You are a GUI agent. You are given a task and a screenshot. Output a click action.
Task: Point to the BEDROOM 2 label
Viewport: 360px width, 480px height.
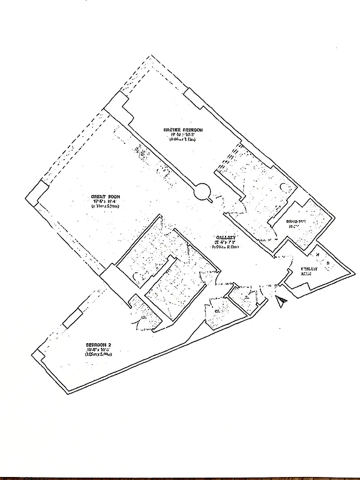pos(98,345)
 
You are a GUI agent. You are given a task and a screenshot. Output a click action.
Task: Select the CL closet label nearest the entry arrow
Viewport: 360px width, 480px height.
pos(247,298)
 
